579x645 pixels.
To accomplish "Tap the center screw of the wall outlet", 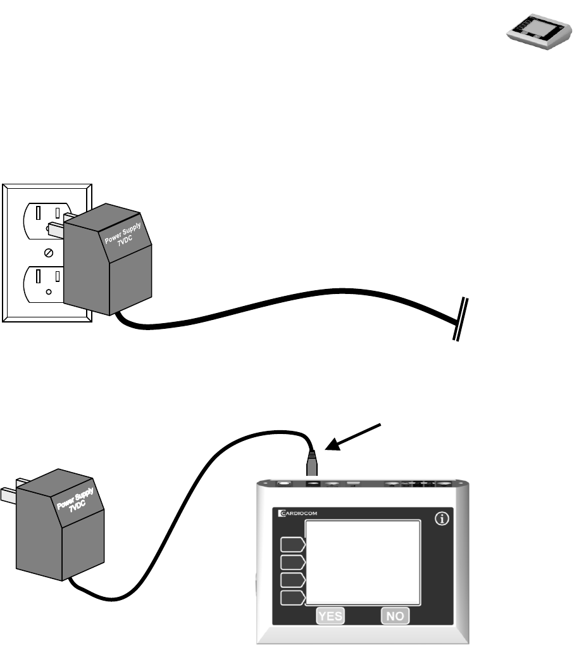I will coord(48,253).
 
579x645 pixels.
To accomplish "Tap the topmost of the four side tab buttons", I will coord(293,544).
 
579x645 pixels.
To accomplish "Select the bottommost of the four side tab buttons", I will coord(293,597).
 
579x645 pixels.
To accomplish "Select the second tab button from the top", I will coord(293,562).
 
